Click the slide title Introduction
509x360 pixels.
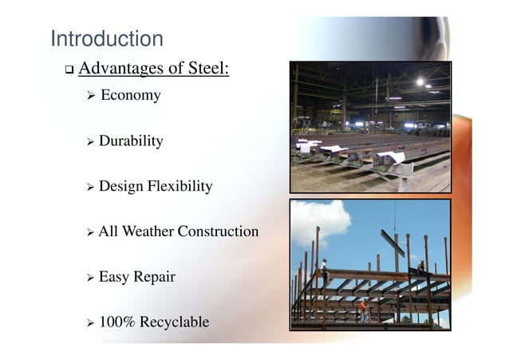[x=106, y=38]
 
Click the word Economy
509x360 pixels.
[x=130, y=96]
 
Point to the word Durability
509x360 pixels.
[x=131, y=141]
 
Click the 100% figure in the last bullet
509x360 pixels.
[x=116, y=322]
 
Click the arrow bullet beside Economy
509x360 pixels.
[x=90, y=97]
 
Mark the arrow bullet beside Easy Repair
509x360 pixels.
[x=90, y=279]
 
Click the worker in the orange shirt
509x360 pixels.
[x=363, y=308]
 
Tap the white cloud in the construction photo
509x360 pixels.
[x=318, y=220]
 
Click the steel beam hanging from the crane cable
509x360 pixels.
[x=393, y=242]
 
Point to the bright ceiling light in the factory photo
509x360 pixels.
[x=420, y=81]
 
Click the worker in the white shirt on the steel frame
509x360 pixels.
[x=325, y=269]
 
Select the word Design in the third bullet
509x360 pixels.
[x=121, y=187]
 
